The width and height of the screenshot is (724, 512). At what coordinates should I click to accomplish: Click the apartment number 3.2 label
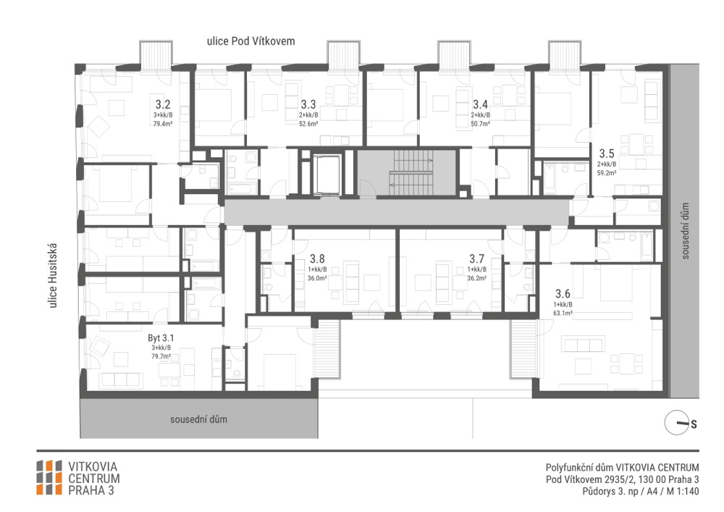pyautogui.click(x=162, y=104)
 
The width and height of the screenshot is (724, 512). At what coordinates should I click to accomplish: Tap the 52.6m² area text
pyautogui.click(x=308, y=124)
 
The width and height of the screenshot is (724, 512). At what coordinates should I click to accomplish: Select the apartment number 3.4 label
pyautogui.click(x=480, y=104)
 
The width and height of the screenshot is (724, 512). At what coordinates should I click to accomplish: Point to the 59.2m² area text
pyautogui.click(x=607, y=172)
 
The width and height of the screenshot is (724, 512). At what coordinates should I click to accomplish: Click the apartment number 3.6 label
pyautogui.click(x=563, y=293)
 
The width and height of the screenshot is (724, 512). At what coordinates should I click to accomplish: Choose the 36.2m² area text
pyautogui.click(x=477, y=278)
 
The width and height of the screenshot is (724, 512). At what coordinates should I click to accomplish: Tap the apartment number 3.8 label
pyautogui.click(x=317, y=259)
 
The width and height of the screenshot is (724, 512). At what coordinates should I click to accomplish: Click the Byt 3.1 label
pyautogui.click(x=161, y=338)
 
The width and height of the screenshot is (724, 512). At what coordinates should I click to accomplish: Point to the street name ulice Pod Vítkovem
pyautogui.click(x=251, y=41)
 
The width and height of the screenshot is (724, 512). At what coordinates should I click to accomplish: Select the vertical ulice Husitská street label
pyautogui.click(x=53, y=276)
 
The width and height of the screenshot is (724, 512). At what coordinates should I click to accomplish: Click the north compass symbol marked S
pyautogui.click(x=680, y=423)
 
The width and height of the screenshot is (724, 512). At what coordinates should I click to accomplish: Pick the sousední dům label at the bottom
pyautogui.click(x=198, y=419)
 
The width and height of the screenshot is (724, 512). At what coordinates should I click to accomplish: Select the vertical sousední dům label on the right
pyautogui.click(x=685, y=231)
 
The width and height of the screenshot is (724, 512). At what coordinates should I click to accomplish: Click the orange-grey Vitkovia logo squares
pyautogui.click(x=49, y=477)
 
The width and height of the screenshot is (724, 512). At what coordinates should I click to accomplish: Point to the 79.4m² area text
pyautogui.click(x=163, y=124)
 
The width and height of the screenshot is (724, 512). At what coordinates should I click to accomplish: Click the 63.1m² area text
pyautogui.click(x=563, y=313)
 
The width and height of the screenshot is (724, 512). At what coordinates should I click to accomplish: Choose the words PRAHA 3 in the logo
pyautogui.click(x=91, y=490)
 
